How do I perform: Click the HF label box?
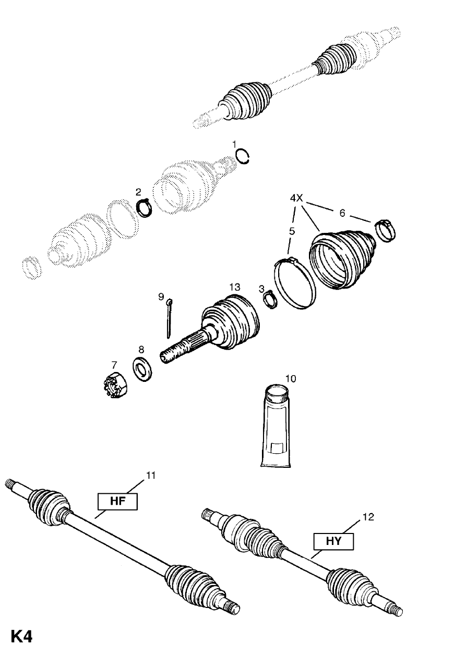[x=117, y=502]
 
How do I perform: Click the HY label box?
[x=333, y=541]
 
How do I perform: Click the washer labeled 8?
[x=141, y=368]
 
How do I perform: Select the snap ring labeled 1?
[x=243, y=156]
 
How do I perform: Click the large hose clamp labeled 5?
[x=294, y=284]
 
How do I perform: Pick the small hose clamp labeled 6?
[x=385, y=230]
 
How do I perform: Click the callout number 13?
[x=234, y=288]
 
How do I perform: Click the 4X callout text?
[x=296, y=198]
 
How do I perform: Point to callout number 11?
[x=151, y=475]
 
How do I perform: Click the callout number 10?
[x=290, y=378]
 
